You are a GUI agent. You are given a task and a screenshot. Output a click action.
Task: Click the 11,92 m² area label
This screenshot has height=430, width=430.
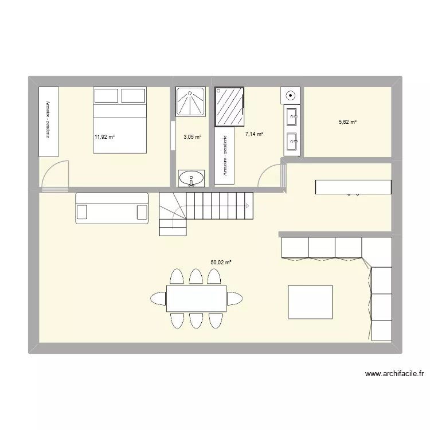(105, 136)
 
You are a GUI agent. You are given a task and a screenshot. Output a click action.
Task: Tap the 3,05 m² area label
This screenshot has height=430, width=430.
(193, 136)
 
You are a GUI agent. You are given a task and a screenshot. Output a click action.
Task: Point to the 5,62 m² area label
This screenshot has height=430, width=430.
(347, 122)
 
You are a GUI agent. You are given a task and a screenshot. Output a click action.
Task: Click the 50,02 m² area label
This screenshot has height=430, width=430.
(221, 262)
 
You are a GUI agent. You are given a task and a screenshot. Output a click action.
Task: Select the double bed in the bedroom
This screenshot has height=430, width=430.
(119, 120)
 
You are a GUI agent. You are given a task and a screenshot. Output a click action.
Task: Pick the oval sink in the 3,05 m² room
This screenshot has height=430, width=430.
(191, 178)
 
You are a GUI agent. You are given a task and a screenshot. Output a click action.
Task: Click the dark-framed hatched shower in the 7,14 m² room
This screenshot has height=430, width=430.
(229, 106)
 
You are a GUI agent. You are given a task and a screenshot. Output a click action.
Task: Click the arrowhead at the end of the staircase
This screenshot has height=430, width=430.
(247, 205)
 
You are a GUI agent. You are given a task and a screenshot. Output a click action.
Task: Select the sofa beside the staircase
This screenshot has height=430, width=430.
(112, 208)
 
